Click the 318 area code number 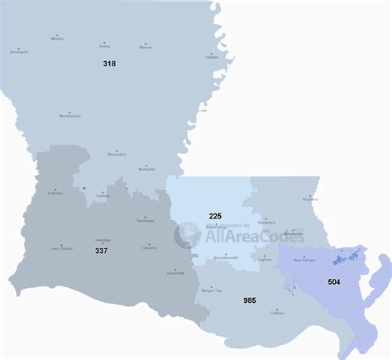point(109,63)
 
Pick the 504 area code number point(333,281)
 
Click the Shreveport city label point(19,51)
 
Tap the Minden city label point(57,39)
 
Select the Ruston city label point(104,46)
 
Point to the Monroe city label point(146,47)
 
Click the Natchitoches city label point(70,117)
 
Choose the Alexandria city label point(117,154)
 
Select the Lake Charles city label point(62,248)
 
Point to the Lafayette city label point(150,247)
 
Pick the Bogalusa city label point(310,199)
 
